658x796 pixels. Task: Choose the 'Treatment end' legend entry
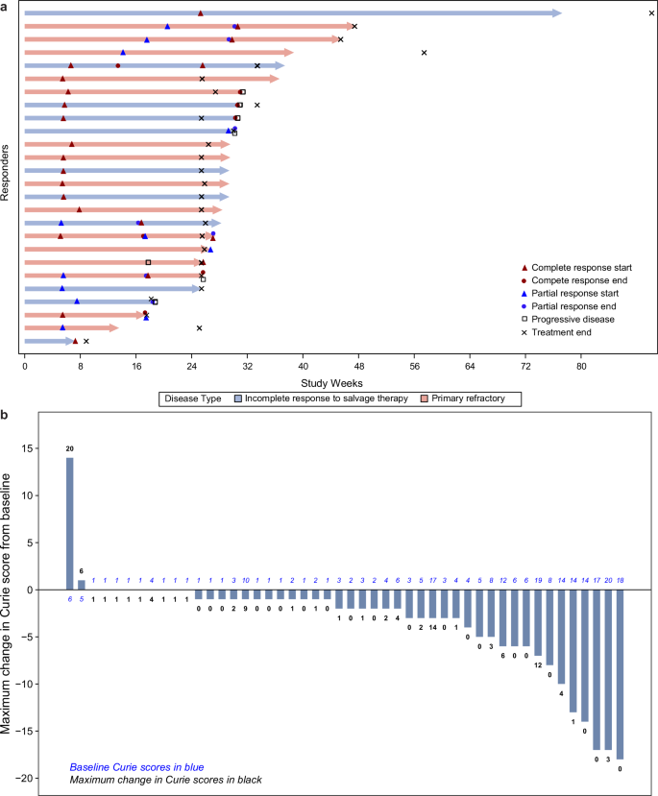567,332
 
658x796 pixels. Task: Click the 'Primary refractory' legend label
465,398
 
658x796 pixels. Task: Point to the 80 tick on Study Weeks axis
581,366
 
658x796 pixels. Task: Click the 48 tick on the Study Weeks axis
358,366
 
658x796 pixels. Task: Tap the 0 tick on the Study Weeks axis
24,366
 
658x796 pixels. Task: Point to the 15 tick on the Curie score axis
52,448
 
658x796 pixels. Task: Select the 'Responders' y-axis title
8,173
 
